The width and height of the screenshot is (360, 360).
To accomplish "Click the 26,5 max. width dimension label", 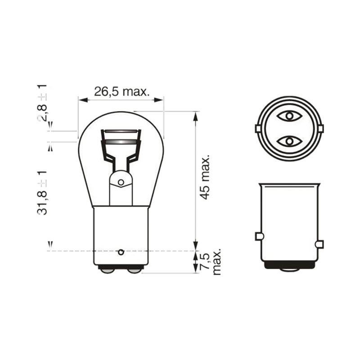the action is click(121, 92).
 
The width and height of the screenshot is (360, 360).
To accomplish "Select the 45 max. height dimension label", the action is click(204, 177).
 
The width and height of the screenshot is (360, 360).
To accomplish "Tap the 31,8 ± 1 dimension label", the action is click(42, 193).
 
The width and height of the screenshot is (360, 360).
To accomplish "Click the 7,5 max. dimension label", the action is click(211, 262).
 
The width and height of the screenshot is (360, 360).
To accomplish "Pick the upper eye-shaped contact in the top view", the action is click(289, 116).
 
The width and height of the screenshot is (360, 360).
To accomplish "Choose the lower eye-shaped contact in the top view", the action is click(289, 141).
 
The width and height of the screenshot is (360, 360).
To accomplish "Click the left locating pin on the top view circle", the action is click(258, 129).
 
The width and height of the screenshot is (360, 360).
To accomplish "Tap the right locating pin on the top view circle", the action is click(321, 129).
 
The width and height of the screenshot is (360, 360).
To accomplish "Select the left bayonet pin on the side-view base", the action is click(259, 236).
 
